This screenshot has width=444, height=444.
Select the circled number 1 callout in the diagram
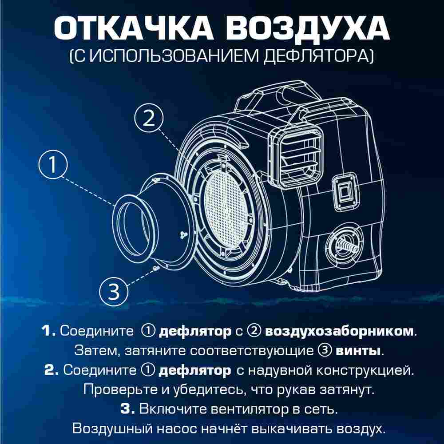[53, 166]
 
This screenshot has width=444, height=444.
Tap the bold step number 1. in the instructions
[48, 331]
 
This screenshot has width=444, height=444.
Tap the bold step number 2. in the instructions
[51, 370]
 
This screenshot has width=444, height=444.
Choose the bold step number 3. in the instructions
[127, 409]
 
